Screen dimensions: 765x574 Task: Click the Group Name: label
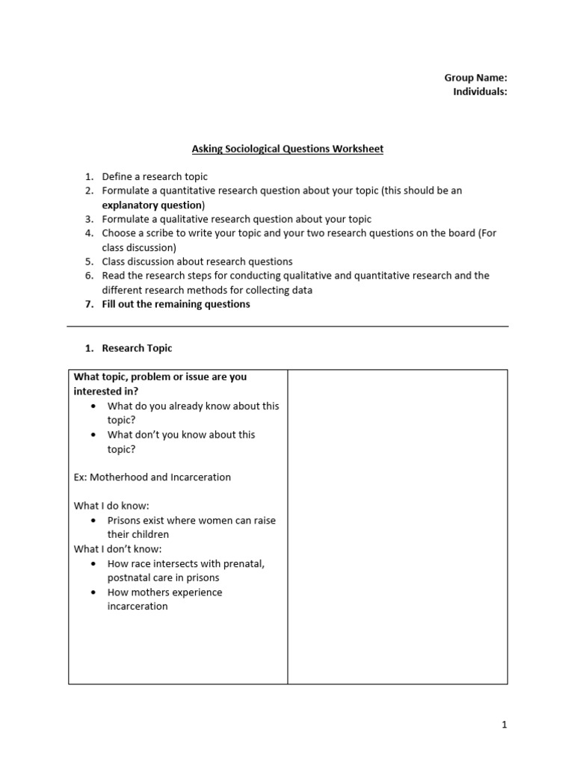[475, 78]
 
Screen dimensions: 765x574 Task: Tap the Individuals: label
[480, 92]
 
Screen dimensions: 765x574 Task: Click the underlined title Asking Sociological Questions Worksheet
[287, 149]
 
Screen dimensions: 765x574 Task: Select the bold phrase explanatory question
[152, 205]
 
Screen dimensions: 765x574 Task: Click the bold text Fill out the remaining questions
[176, 304]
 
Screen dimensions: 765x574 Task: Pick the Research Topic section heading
[137, 348]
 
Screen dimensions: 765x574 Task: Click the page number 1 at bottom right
[504, 724]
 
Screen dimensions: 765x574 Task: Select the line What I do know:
[111, 506]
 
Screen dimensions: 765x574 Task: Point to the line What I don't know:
[117, 549]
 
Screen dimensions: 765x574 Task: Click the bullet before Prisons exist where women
[93, 521]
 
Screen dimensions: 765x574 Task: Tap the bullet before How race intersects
[93, 564]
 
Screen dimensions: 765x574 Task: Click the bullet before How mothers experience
[93, 592]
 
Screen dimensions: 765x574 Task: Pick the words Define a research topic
[155, 176]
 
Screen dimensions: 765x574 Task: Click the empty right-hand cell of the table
[397, 526]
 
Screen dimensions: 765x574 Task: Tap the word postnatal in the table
[129, 577]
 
